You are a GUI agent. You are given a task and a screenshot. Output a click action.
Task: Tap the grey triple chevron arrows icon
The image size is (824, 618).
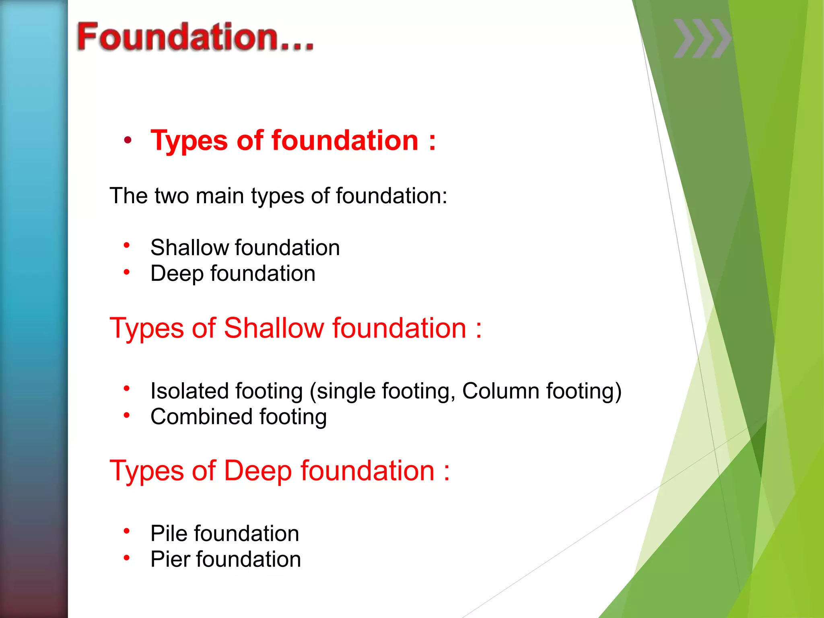coord(702,38)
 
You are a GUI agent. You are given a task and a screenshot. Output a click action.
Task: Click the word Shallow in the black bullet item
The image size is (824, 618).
coord(189,247)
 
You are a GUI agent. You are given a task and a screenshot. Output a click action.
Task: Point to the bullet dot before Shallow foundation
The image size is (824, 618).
coord(127,245)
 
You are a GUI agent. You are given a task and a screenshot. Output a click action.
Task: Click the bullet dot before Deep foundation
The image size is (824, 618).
coord(127,272)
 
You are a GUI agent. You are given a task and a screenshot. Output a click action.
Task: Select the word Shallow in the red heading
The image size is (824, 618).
coord(273,328)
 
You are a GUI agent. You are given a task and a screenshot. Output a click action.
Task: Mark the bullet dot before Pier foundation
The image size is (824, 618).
coord(127,558)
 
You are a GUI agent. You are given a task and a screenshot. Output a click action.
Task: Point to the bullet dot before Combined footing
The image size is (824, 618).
coord(127,415)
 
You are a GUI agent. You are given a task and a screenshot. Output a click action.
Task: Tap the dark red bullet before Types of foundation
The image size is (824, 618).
coord(128,140)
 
